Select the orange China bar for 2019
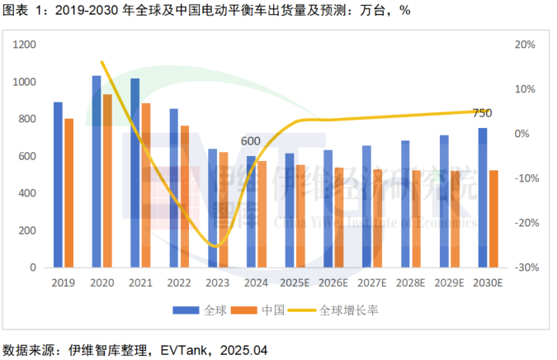point(69,193)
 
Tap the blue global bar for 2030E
point(483,198)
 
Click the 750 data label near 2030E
point(483,113)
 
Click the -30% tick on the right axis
point(528,268)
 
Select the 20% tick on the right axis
point(526,45)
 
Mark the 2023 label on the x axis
point(217,283)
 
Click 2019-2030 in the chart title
point(85,10)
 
